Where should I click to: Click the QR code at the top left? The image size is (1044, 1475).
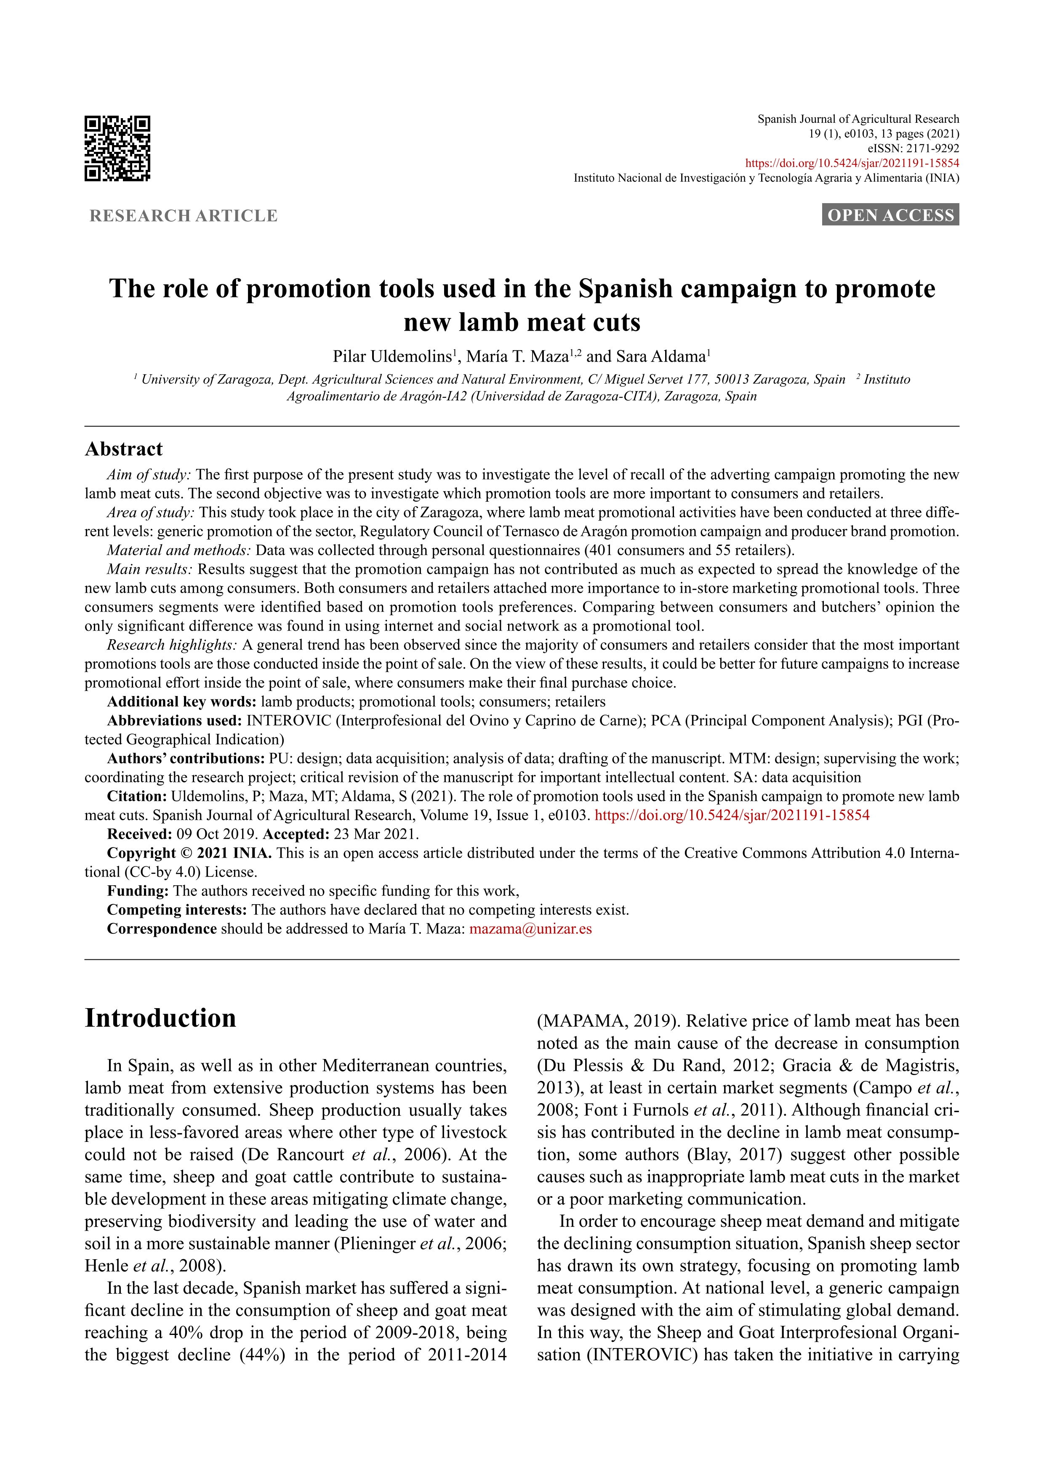pos(117,148)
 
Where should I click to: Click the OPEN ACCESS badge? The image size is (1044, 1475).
pos(890,215)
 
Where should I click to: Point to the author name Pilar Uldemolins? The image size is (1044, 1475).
pos(392,357)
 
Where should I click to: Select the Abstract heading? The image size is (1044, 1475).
pos(124,449)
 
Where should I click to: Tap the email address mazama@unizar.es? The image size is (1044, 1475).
pos(530,929)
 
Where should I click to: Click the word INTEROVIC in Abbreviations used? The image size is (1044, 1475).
pos(289,721)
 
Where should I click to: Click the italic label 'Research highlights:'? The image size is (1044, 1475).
pos(172,645)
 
